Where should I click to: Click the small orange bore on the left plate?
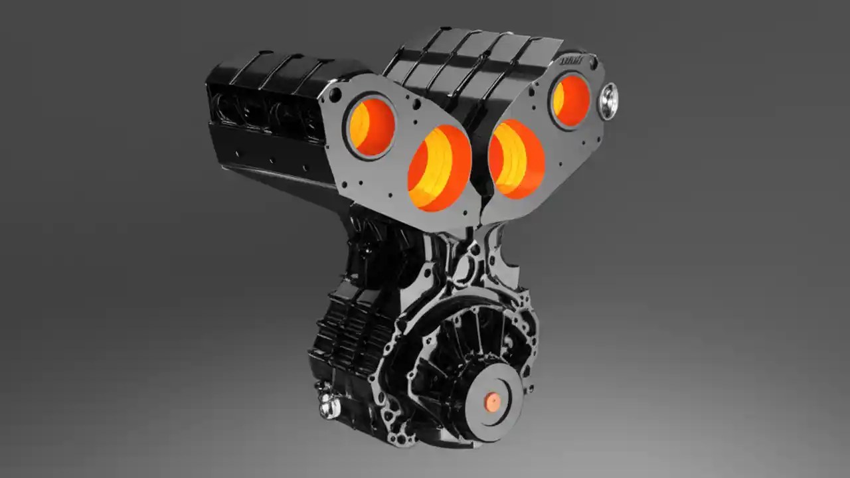pos(371,126)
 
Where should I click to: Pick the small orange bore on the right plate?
pos(570,100)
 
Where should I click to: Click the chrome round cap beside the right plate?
pos(608,102)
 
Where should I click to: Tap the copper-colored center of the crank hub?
pos(492,402)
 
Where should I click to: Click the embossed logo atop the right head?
pos(571,60)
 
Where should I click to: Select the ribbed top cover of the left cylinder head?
pos(279,70)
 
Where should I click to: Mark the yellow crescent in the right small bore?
pos(559,98)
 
